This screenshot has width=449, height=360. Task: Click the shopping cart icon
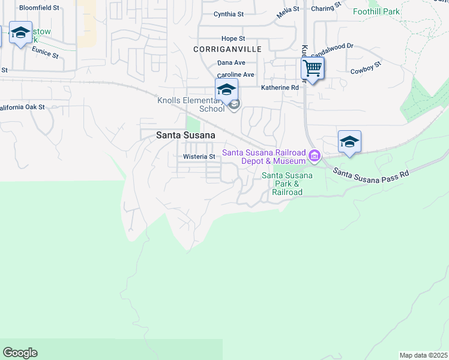click(312, 68)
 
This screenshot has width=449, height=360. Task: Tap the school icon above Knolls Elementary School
click(226, 90)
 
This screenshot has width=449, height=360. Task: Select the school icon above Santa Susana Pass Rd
click(349, 142)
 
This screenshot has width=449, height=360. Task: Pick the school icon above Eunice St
click(20, 33)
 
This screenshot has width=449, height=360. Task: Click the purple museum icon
click(313, 157)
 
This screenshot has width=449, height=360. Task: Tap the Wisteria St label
click(199, 157)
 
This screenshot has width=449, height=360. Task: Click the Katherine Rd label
click(280, 88)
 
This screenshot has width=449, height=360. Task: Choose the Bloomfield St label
click(40, 8)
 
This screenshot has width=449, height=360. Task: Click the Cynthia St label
click(229, 14)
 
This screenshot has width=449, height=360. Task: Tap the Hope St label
click(233, 38)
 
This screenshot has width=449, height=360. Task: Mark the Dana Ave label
click(231, 62)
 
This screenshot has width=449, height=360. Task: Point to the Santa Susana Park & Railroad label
click(287, 184)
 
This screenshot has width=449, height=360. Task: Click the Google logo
click(20, 353)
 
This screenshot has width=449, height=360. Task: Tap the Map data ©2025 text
click(423, 355)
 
